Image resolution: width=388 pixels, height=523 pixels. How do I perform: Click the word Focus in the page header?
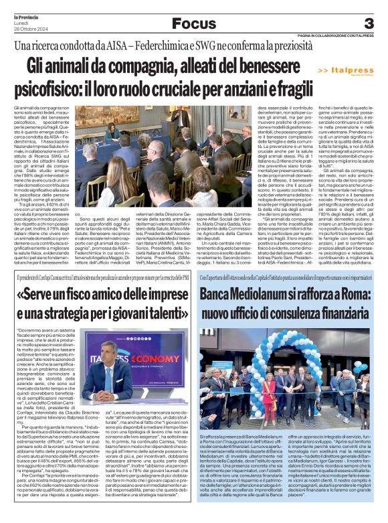(193, 24)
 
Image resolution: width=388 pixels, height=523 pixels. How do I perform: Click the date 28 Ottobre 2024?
(27, 26)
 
